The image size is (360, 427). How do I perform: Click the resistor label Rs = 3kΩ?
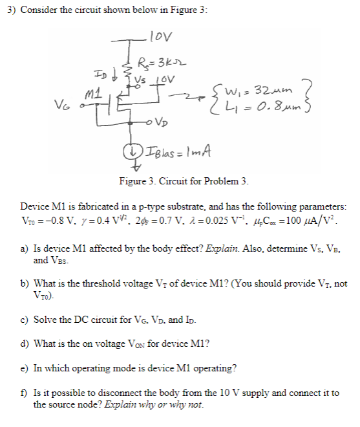tap(154, 63)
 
